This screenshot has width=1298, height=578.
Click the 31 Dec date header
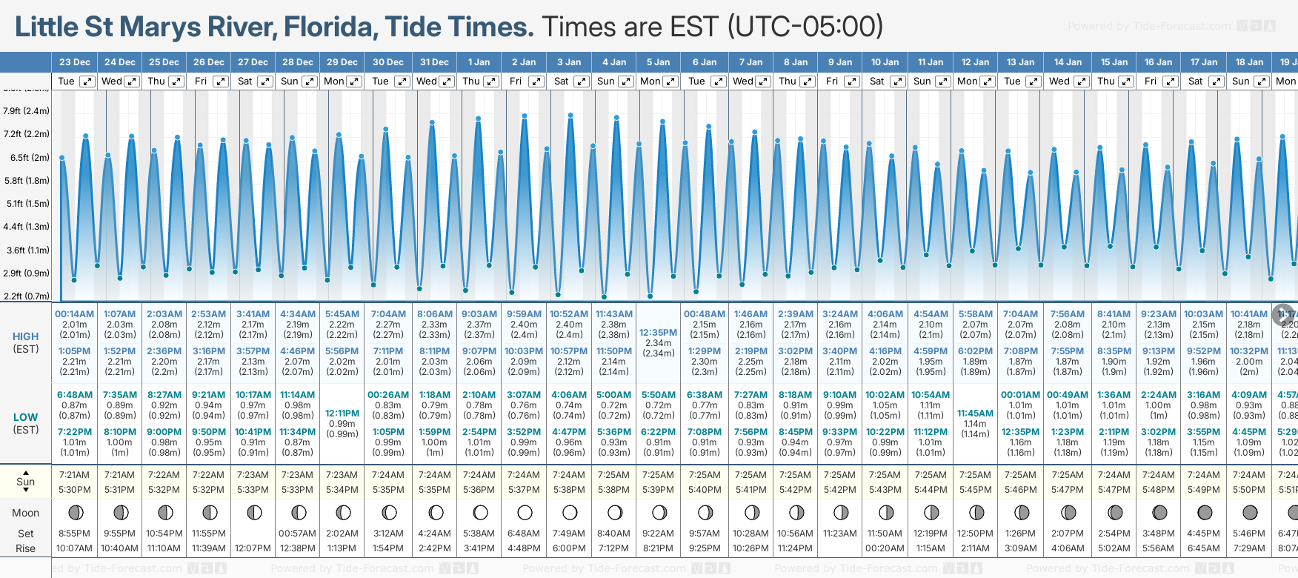434,62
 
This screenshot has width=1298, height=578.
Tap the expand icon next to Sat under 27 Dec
264,82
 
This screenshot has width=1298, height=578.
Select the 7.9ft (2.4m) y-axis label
27,111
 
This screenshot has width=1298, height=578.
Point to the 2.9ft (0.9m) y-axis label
27,273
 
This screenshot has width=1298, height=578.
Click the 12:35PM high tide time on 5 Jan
658,333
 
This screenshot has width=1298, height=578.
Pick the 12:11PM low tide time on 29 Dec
342,413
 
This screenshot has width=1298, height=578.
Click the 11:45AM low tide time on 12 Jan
975,413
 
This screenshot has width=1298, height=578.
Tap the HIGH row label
26,336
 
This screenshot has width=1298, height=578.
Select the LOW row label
26,417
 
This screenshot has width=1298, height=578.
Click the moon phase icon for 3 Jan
570,512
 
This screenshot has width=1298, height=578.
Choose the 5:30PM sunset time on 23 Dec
75,490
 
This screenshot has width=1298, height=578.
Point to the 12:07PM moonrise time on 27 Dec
253,548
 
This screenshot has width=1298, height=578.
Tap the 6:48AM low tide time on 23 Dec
75,395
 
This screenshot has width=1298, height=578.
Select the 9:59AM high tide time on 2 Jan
524,314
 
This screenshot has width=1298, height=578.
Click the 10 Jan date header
885,62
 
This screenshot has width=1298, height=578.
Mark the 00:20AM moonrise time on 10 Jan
885,548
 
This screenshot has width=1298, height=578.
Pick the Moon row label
26,513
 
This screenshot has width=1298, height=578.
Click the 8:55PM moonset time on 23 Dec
75,534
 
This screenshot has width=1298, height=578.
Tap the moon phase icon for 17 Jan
1205,512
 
